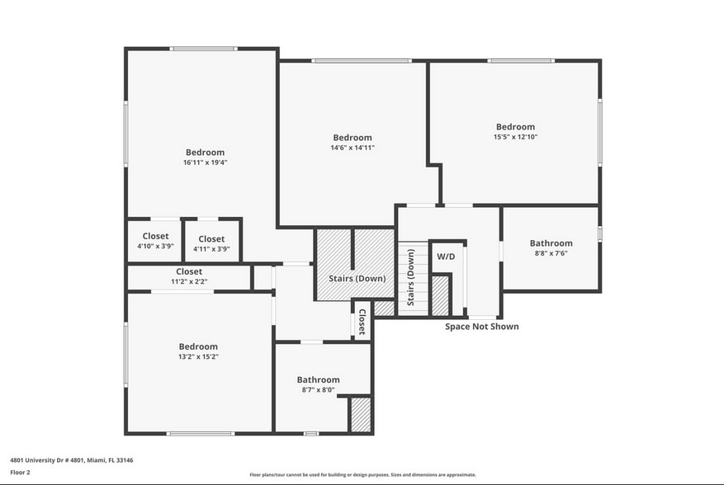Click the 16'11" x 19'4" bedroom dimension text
[205, 163]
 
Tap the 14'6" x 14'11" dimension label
[353, 148]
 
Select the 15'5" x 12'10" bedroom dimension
[515, 137]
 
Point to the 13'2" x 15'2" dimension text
[199, 357]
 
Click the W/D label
[446, 257]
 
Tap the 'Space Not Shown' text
[482, 327]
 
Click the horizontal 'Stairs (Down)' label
[357, 279]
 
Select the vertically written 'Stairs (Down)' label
[410, 276]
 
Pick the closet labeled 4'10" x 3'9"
[155, 241]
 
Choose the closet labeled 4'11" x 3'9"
[211, 243]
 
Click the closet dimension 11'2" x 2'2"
[189, 276]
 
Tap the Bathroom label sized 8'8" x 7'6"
[551, 247]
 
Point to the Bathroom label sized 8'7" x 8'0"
[318, 384]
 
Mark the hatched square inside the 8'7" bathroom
[360, 415]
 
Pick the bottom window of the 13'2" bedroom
[200, 433]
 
